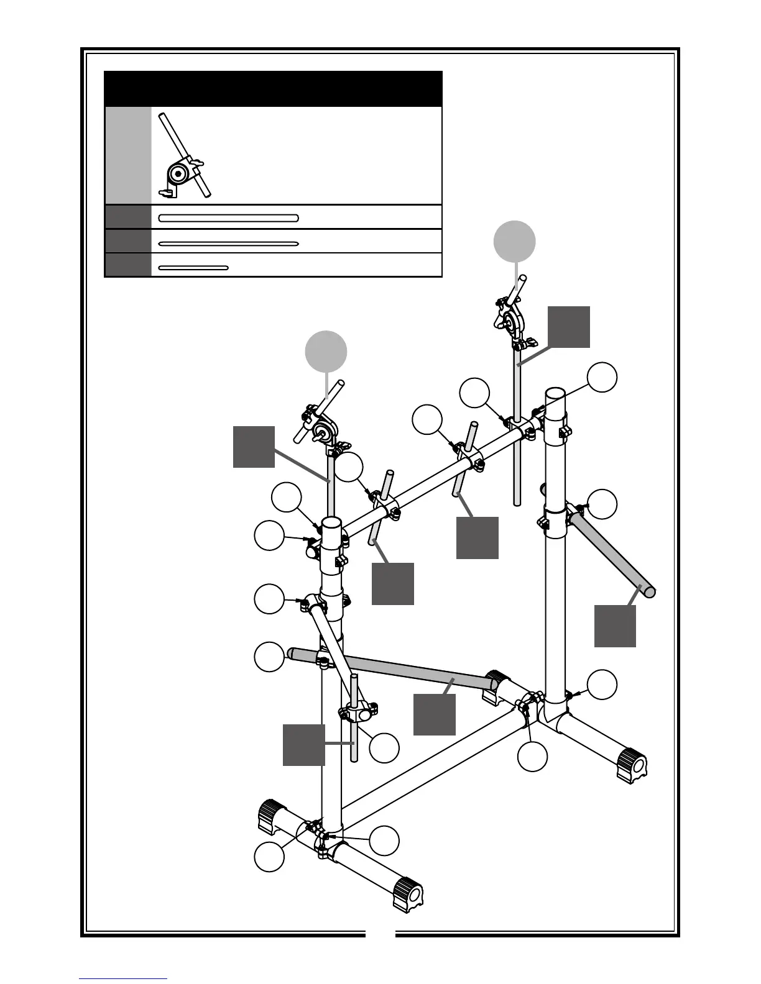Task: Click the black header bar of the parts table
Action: pos(273,88)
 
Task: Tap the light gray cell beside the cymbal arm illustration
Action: pos(127,155)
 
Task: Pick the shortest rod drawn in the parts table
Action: pos(193,268)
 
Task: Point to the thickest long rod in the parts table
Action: pos(228,218)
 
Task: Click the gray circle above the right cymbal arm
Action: pos(514,242)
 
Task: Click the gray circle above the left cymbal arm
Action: pos(326,352)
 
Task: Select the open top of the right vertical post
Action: pos(555,394)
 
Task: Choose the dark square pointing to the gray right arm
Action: pos(615,626)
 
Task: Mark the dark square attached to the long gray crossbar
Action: pos(435,714)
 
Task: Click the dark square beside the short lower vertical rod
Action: pos(303,744)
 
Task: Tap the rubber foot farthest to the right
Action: pos(632,764)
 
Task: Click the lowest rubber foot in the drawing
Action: pos(408,894)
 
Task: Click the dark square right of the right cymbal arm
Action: pos(568,327)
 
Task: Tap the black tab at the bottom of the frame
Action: pos(380,932)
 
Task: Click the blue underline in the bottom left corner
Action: pos(123,979)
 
